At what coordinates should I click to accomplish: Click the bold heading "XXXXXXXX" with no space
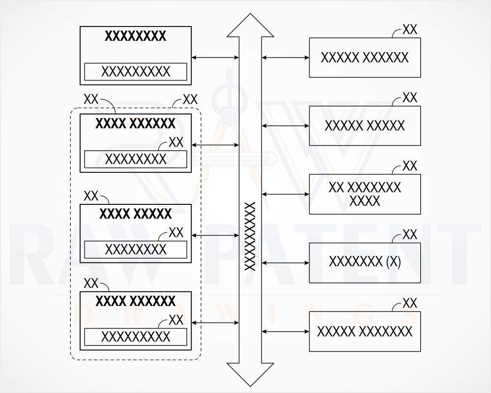[x=135, y=36]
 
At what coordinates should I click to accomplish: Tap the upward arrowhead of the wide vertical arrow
[x=250, y=25]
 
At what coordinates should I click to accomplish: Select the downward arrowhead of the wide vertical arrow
[x=250, y=374]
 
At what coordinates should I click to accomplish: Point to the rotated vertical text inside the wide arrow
[x=250, y=236]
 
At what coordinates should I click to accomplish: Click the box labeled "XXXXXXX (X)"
[x=365, y=263]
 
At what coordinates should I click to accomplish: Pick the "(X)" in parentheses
[x=394, y=261]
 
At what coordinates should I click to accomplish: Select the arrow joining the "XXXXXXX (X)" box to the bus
[x=285, y=263]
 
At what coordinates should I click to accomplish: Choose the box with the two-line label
[x=365, y=195]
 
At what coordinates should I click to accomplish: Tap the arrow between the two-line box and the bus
[x=285, y=195]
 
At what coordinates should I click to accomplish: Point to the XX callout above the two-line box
[x=409, y=166]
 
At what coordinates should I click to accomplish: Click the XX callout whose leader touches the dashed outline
[x=190, y=100]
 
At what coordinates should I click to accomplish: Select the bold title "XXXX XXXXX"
[x=136, y=214]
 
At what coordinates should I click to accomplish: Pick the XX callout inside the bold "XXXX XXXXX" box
[x=176, y=232]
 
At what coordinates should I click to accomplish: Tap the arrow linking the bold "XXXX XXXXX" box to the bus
[x=215, y=235]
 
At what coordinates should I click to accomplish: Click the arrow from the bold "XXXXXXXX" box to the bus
[x=215, y=57]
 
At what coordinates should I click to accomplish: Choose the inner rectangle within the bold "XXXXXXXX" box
[x=136, y=72]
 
